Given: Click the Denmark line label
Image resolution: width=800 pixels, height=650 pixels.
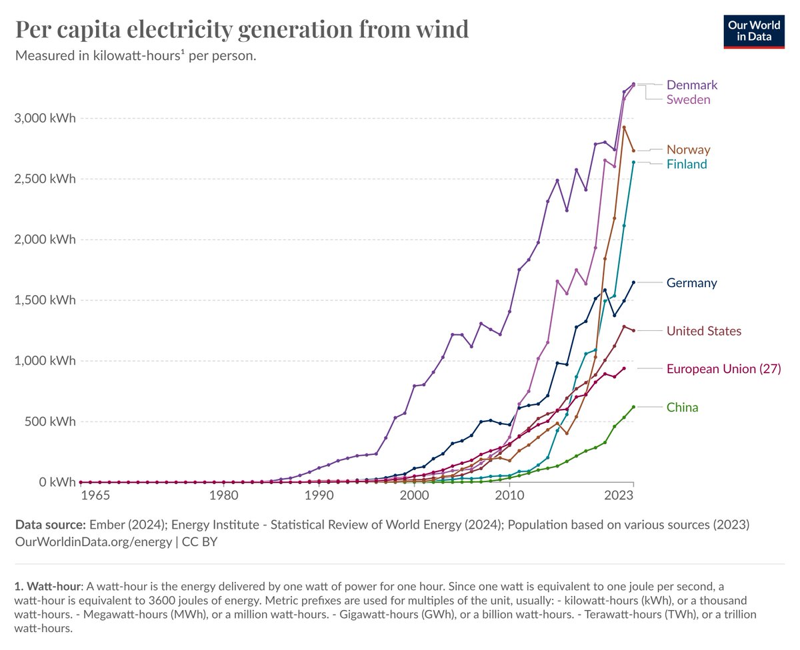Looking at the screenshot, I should click(x=692, y=85).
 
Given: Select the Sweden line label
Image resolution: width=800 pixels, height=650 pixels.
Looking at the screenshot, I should click(x=688, y=100).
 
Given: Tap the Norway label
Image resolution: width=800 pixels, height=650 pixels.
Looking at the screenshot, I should click(x=688, y=150).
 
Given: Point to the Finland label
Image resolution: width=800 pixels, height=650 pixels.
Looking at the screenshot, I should click(x=687, y=164).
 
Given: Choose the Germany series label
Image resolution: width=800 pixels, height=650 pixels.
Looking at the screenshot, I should click(x=691, y=283).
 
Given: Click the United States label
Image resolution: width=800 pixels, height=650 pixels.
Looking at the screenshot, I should click(x=703, y=331).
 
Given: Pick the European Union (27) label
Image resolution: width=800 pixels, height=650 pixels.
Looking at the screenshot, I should click(x=723, y=369).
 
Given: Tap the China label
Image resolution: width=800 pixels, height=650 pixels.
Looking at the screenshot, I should click(x=682, y=408).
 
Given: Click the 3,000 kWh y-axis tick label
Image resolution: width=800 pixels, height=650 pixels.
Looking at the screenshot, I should click(x=45, y=119).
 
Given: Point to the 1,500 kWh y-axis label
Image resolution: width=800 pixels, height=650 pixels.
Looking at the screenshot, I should click(x=45, y=300).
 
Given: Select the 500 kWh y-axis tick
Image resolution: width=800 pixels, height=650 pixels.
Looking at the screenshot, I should click(x=51, y=422).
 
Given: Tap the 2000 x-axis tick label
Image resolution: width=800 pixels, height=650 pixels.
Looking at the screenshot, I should click(x=414, y=495).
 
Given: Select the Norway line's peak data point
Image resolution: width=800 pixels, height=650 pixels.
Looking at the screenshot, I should click(x=624, y=127).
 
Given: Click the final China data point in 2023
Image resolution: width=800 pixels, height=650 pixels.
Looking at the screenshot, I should click(x=633, y=407).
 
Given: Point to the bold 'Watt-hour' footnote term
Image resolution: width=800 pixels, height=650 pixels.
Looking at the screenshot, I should click(x=55, y=587).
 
